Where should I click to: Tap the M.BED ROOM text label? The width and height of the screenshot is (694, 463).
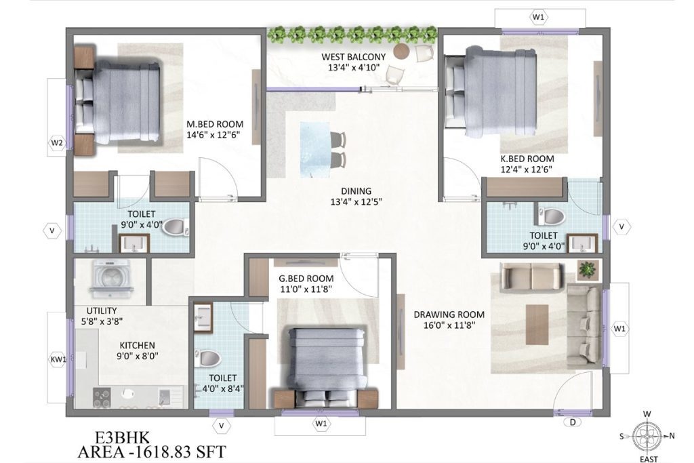point(215,124)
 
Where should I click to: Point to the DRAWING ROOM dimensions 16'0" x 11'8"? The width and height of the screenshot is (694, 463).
point(449,326)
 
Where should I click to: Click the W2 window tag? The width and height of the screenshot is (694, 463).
point(57,143)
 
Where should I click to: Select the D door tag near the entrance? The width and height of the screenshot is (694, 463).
point(573,424)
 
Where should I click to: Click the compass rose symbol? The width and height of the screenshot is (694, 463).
point(647,435)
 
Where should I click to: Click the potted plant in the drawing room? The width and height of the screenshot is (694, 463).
point(586,270)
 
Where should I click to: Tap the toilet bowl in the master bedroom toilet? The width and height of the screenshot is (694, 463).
point(174,226)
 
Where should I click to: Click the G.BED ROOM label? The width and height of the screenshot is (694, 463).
point(306,278)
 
